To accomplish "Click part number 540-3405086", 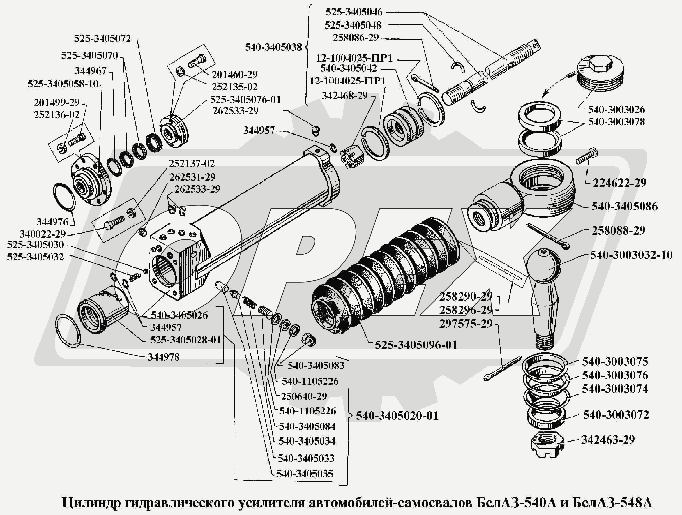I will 624,206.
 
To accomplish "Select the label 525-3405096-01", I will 416,345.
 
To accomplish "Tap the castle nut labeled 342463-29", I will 546,444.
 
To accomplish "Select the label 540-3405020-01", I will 397,416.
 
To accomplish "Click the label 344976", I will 52,222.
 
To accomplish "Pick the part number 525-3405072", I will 103,38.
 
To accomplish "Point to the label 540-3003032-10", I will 631,255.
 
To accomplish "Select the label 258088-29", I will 618,230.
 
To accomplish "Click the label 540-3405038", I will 273,47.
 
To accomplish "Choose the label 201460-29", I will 234,74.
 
